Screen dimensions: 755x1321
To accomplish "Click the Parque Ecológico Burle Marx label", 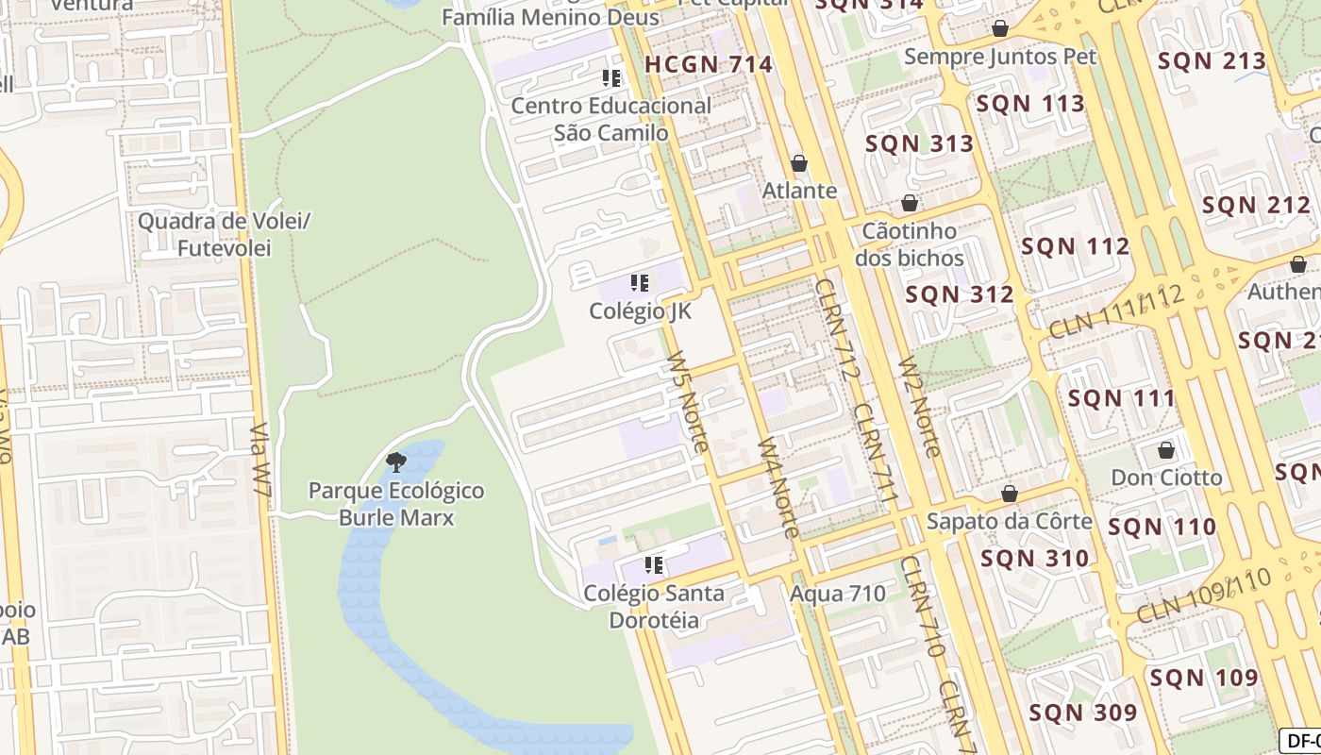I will (x=396, y=504).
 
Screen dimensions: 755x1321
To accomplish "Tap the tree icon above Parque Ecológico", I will (x=396, y=462).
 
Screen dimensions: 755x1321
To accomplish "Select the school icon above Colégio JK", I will (x=640, y=283).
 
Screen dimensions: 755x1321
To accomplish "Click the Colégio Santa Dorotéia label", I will (x=654, y=607).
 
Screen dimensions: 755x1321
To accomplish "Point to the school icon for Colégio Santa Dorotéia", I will (x=653, y=565).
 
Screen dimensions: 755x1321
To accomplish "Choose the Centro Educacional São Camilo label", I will (x=610, y=119).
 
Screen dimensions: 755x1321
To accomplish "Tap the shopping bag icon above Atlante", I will (x=799, y=164).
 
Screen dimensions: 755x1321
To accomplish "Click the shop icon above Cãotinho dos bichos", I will (x=910, y=204).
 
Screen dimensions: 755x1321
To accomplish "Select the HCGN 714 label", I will (x=709, y=65).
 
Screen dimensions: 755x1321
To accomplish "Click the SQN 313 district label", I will (x=918, y=144).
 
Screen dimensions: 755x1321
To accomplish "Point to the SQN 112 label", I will (x=1075, y=247).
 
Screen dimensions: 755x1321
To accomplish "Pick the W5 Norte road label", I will (x=687, y=402).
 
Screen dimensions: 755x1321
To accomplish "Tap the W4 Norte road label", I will (x=778, y=487).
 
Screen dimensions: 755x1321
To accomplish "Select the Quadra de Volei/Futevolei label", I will (x=224, y=235).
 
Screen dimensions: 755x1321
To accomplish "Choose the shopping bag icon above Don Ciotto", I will (x=1166, y=449).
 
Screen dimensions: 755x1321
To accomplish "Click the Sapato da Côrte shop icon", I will (x=1010, y=494).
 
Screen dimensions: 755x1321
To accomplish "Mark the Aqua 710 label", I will (x=838, y=594).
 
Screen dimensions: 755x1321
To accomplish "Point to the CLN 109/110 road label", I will (x=1205, y=595).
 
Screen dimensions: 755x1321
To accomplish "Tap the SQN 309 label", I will (x=1082, y=713).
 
